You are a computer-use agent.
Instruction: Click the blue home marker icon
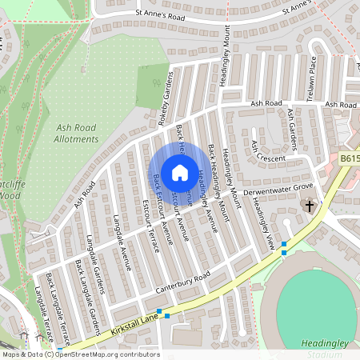pos(180,171)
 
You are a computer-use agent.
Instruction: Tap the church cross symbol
pos(309,206)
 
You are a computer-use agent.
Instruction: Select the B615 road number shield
pos(348,159)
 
